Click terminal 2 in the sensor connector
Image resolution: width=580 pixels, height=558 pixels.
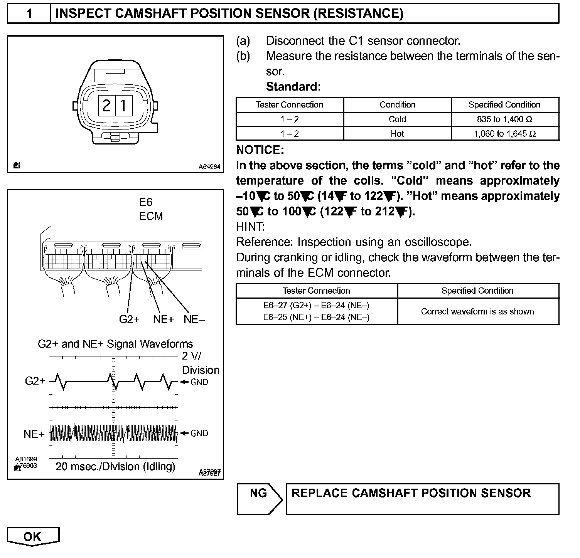[x=106, y=105]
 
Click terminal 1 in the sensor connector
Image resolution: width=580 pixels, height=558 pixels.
[x=123, y=105]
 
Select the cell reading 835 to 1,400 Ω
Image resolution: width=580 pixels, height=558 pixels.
[x=505, y=119]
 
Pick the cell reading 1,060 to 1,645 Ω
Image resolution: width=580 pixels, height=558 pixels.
[x=505, y=134]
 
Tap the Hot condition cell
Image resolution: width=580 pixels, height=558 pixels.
[x=397, y=134]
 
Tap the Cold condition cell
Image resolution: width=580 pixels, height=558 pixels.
[x=397, y=119]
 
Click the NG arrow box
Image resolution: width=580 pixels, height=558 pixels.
[x=259, y=499]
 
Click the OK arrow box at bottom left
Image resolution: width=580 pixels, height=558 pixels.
[x=33, y=537]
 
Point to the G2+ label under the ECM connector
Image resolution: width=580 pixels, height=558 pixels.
[x=129, y=319]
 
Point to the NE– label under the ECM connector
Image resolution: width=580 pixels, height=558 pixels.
[x=194, y=319]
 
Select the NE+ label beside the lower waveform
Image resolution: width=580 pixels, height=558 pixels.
[x=34, y=434]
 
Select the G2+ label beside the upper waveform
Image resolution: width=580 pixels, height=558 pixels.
[x=35, y=381]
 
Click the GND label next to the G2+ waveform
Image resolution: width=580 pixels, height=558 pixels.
[x=199, y=382]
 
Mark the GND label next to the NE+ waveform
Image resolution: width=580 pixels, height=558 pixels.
[x=199, y=433]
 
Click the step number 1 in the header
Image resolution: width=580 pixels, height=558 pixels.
[x=29, y=13]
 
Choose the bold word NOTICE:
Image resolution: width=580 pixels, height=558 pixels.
[x=260, y=150]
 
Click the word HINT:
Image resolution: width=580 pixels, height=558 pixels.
[x=250, y=227]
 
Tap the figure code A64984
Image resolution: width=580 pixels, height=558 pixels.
[x=209, y=167]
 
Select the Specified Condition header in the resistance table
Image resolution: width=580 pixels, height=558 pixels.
[x=504, y=105]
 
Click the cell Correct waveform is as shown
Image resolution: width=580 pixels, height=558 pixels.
[x=477, y=311]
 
